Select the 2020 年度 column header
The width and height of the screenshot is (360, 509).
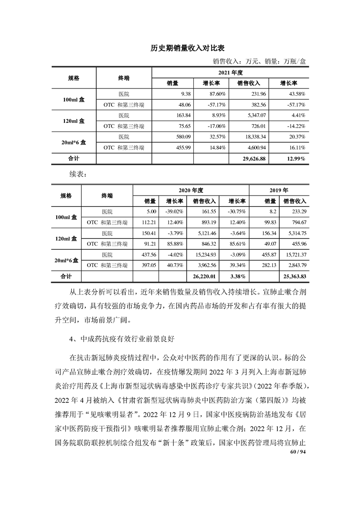[191, 190]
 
